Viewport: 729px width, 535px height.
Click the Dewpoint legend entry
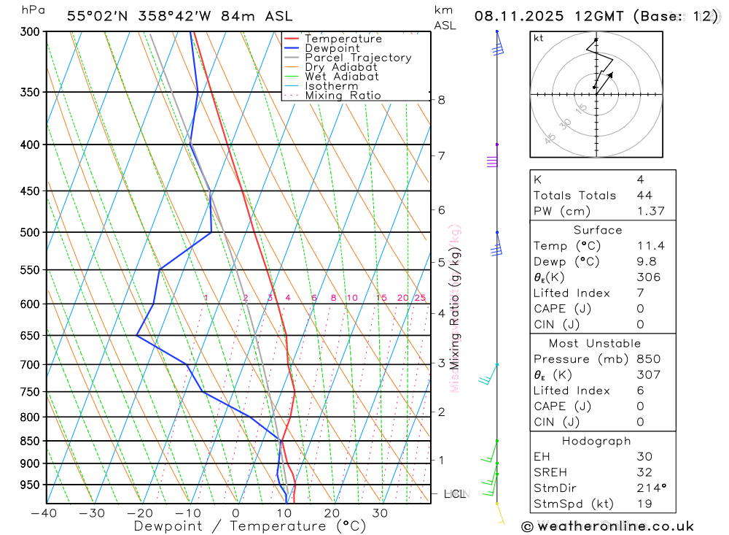pyautogui.click(x=332, y=48)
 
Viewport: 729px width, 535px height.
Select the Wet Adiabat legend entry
pyautogui.click(x=341, y=77)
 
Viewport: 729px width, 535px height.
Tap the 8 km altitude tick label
pyautogui.click(x=441, y=100)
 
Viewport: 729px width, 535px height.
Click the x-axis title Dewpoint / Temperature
pyautogui.click(x=250, y=526)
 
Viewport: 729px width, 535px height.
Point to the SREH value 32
pyautogui.click(x=644, y=472)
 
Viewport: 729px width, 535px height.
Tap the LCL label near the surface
pyautogui.click(x=455, y=494)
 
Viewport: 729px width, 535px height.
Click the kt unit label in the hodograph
pyautogui.click(x=539, y=38)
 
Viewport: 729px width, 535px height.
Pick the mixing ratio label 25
pyautogui.click(x=420, y=298)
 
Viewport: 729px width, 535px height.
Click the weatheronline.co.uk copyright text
pyautogui.click(x=607, y=526)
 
